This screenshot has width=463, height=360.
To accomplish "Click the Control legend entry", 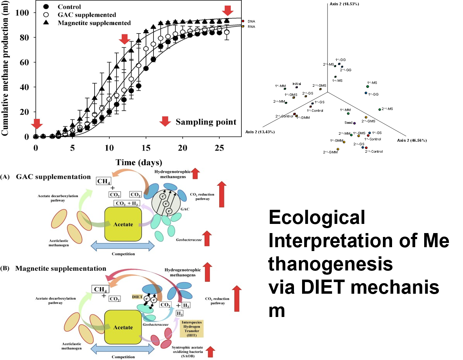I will pyautogui.click(x=69, y=7).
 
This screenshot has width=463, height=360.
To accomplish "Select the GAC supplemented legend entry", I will pyautogui.click(x=86, y=15).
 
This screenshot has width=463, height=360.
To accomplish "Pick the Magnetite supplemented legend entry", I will pyautogui.click(x=94, y=23).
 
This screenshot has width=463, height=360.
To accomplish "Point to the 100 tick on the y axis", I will pyautogui.click(x=22, y=13).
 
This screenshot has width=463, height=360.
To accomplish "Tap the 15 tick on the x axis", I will pyautogui.click(x=146, y=148).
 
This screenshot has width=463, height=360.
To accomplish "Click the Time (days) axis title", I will pyautogui.click(x=139, y=162).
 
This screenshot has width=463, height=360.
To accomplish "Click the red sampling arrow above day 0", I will pyautogui.click(x=37, y=124).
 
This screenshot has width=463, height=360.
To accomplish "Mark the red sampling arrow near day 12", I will pyautogui.click(x=124, y=39).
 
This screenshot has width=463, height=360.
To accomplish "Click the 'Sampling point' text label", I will pyautogui.click(x=206, y=122).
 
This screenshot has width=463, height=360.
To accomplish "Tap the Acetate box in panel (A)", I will pyautogui.click(x=123, y=224).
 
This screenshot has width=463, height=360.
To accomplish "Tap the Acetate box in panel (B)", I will pyautogui.click(x=123, y=327).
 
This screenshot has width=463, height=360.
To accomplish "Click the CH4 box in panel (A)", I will pyautogui.click(x=104, y=181).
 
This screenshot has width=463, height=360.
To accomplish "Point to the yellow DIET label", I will pyautogui.click(x=137, y=297).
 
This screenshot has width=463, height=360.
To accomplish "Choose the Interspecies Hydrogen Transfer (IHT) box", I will pyautogui.click(x=192, y=329).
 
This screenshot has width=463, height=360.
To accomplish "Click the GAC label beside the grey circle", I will pyautogui.click(x=185, y=209).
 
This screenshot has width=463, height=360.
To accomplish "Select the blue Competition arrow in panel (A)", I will pyautogui.click(x=123, y=245).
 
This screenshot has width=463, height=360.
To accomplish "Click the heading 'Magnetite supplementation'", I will pyautogui.click(x=61, y=268).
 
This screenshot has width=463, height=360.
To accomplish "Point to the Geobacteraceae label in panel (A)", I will pyautogui.click(x=189, y=240).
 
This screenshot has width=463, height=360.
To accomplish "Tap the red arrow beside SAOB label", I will pyautogui.click(x=210, y=352).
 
